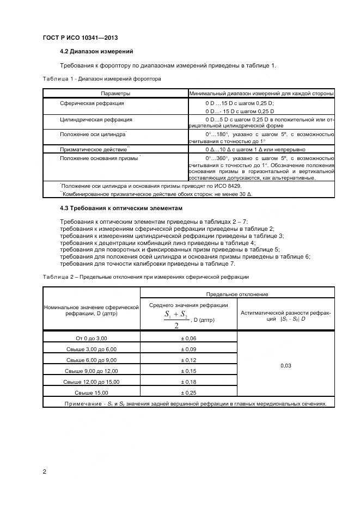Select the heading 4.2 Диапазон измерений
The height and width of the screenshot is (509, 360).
tap(96, 52)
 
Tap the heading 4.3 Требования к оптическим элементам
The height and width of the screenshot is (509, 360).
tap(129, 208)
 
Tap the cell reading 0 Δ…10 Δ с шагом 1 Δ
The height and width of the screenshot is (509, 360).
tap(255, 149)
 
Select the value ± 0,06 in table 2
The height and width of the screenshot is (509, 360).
tap(188, 338)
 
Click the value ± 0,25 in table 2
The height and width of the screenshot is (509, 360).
tap(188, 393)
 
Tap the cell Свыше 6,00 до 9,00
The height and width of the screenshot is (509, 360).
tap(91, 360)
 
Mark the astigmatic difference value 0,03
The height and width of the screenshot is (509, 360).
tap(286, 365)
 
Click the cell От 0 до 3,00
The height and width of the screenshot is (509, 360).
tap(91, 338)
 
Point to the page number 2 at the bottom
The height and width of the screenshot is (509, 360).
tap(44, 471)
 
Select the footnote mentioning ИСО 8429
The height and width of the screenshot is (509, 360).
tap(157, 186)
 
